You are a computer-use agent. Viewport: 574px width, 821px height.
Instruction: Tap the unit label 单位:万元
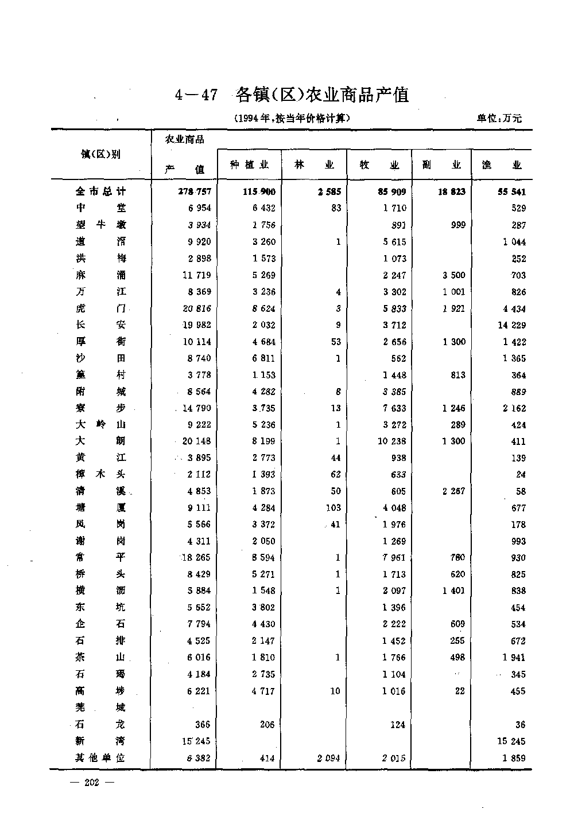pyautogui.click(x=499, y=119)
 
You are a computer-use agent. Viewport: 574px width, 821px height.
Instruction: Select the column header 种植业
pyautogui.click(x=249, y=165)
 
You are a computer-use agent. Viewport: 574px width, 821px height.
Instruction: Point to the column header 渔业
pyautogui.click(x=502, y=165)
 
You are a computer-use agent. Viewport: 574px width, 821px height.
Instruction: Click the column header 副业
pyautogui.click(x=441, y=165)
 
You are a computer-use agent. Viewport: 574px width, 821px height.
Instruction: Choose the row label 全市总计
pyautogui.click(x=100, y=191)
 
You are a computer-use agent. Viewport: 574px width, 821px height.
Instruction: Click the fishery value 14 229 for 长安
pyautogui.click(x=510, y=325)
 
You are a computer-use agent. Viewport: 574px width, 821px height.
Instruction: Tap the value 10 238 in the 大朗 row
pyautogui.click(x=391, y=441)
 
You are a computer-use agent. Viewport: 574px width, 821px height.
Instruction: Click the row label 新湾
pyautogui.click(x=100, y=741)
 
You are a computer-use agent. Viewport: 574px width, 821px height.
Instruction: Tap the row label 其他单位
pyautogui.click(x=100, y=758)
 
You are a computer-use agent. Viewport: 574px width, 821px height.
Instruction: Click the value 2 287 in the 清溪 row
pyautogui.click(x=453, y=491)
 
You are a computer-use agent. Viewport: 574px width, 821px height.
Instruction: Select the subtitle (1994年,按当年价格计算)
pyautogui.click(x=292, y=119)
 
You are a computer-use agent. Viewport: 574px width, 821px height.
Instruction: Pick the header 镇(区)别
pyautogui.click(x=100, y=154)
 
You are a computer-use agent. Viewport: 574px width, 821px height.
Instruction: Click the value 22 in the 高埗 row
pyautogui.click(x=459, y=691)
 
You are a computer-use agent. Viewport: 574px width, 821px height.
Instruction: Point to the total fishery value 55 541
pyautogui.click(x=508, y=192)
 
